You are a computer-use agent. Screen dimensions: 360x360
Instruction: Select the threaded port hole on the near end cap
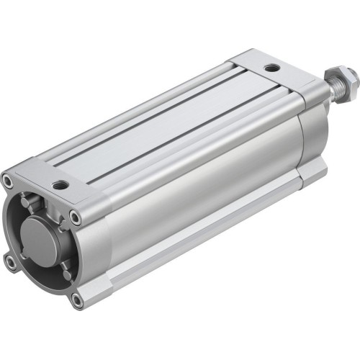click(x=61, y=185)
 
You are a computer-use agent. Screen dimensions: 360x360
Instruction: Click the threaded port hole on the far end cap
click(x=271, y=68)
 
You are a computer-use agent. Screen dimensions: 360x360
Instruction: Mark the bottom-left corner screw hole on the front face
click(x=11, y=264)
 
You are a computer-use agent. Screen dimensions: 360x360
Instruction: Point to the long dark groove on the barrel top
click(x=166, y=122)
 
